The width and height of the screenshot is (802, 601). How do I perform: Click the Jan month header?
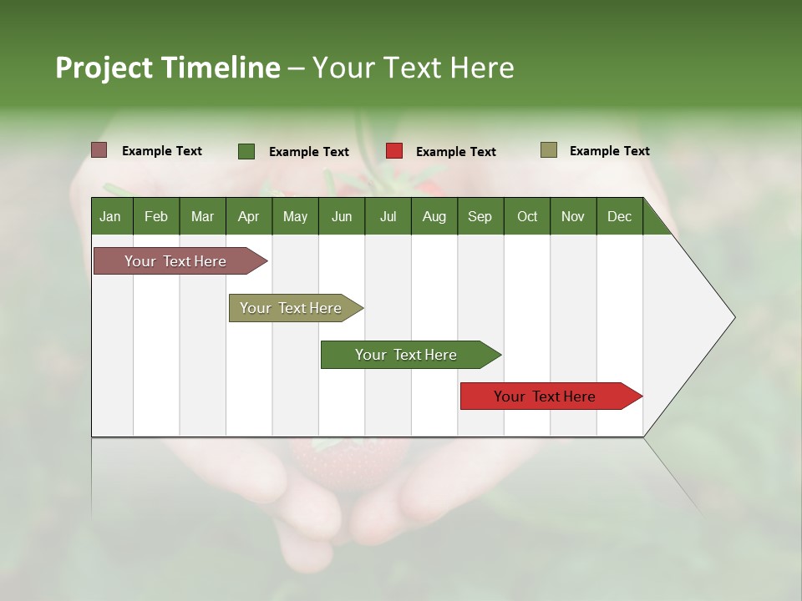point(110,216)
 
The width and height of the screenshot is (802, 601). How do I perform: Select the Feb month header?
point(156,216)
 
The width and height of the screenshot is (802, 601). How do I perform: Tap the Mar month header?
point(202,216)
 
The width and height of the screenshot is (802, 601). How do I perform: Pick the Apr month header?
point(249,216)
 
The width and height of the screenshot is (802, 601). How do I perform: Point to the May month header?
point(295,216)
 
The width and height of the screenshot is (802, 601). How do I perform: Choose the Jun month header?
point(342,216)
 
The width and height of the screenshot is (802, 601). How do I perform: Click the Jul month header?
point(388,216)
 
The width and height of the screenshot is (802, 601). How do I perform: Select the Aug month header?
point(434,216)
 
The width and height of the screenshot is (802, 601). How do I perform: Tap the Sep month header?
point(480,216)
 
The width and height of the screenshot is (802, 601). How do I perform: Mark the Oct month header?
point(527,216)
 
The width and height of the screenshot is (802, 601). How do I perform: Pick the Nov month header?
point(573,216)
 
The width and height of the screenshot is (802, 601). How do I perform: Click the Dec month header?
point(619,216)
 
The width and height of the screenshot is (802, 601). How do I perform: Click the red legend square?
point(394,151)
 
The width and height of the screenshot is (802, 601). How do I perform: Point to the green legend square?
point(246,151)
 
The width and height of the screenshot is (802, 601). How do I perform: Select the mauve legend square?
point(99,150)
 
